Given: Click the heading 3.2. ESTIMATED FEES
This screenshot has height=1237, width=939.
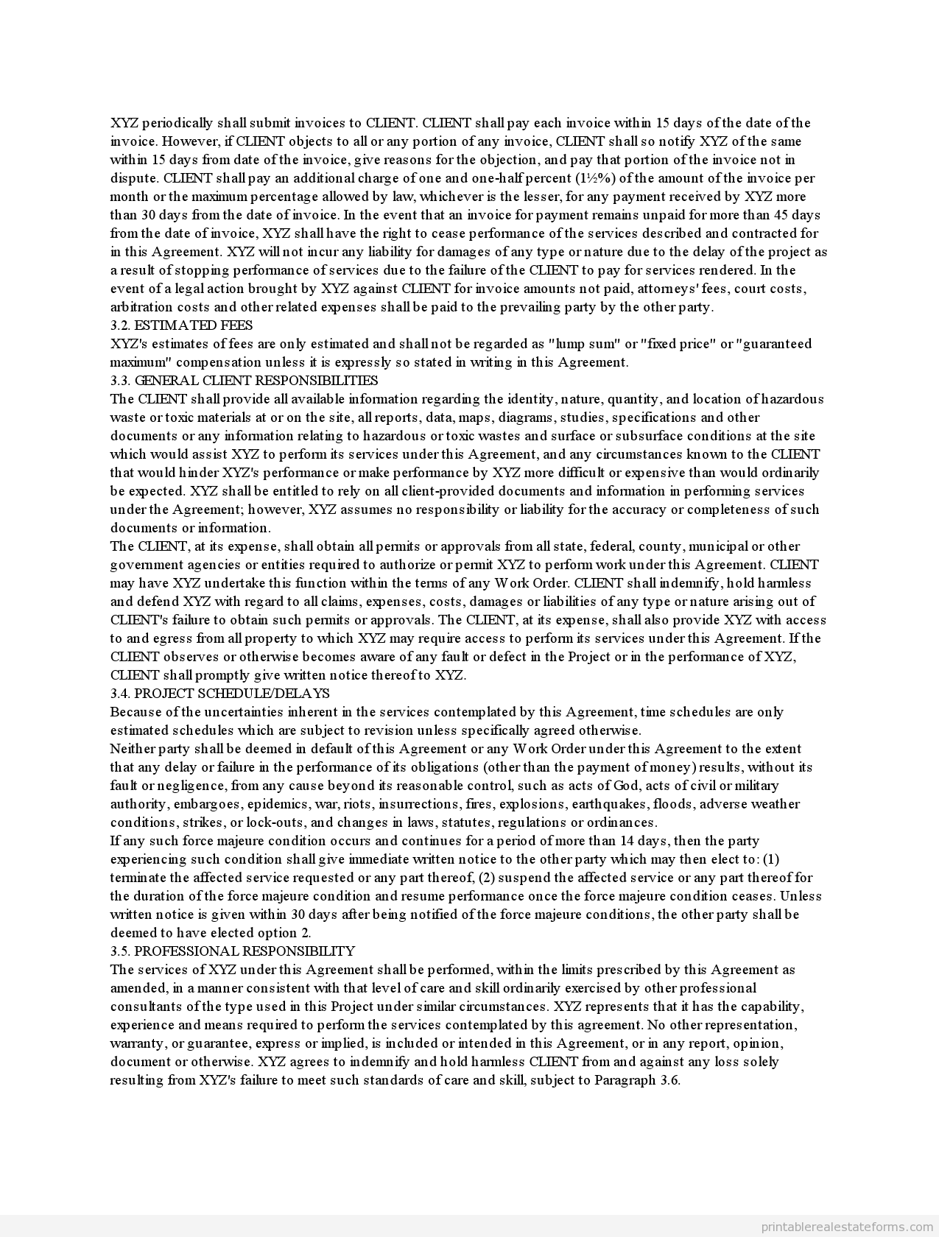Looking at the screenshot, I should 181,325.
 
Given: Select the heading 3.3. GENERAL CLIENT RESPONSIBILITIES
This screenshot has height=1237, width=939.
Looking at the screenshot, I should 244,381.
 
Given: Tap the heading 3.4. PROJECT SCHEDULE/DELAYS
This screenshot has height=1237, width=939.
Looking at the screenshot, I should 219,694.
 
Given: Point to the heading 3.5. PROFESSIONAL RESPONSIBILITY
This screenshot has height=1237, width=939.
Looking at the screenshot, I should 232,951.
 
